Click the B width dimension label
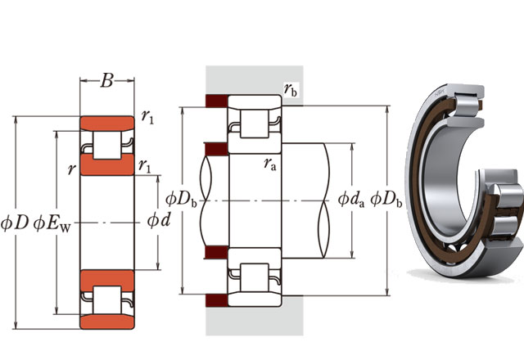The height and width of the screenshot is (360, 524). (x=106, y=81)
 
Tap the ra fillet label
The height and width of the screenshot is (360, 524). (x=269, y=164)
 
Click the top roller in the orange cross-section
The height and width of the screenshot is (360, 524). (x=106, y=146)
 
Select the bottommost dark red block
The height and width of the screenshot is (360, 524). (x=216, y=295)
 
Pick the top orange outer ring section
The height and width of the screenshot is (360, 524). (x=106, y=124)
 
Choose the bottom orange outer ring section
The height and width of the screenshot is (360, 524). (x=106, y=318)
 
